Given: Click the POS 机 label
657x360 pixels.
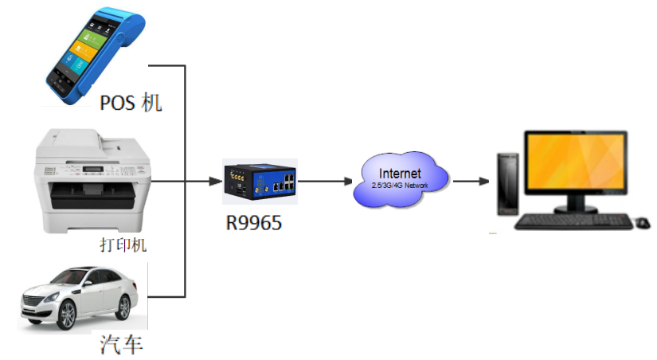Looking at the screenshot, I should (x=131, y=103).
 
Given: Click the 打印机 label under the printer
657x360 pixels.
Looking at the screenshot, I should (x=117, y=245).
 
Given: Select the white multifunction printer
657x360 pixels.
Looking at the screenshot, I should (x=92, y=182).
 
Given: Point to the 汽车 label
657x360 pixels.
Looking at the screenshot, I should (x=122, y=345).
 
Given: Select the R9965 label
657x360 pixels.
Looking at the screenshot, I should (x=253, y=223).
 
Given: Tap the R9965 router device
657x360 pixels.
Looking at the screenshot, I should (x=260, y=182).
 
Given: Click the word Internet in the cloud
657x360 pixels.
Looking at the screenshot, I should (x=401, y=174).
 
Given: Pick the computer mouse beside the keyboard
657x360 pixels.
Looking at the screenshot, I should (x=643, y=222).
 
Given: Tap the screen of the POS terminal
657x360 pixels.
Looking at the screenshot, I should (x=84, y=49).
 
